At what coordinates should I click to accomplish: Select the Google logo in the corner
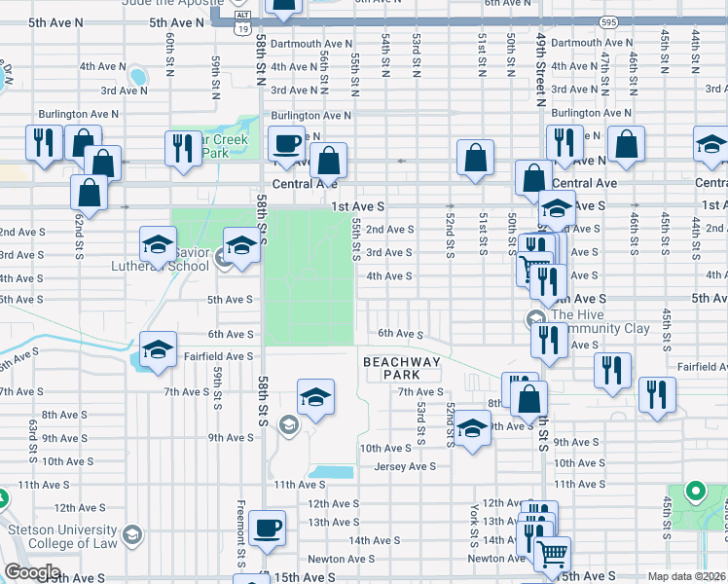31,572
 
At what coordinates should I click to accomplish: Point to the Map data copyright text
687,576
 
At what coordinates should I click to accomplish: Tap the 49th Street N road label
540,68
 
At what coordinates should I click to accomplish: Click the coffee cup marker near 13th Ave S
267,529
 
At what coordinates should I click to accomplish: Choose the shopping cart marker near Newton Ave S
552,553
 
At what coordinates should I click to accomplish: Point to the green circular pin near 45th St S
695,492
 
